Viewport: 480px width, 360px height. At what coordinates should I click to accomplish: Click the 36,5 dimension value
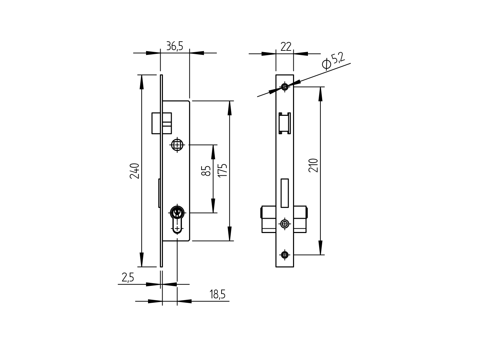174,46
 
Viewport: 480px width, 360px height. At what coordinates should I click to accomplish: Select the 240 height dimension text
135,171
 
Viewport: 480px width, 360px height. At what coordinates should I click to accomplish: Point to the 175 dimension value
222,170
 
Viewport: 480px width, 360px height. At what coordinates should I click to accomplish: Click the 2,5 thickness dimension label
128,278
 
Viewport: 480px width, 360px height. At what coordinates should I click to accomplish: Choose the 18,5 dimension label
217,294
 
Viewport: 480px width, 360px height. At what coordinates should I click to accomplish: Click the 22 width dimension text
286,47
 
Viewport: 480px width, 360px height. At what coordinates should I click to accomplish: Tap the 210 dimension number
314,165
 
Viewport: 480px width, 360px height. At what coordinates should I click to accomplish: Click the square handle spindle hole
177,145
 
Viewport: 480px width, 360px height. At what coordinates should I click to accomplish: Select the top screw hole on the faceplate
285,87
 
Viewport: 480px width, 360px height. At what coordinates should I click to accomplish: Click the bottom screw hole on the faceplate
285,255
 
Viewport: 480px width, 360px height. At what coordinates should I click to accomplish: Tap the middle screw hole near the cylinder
285,224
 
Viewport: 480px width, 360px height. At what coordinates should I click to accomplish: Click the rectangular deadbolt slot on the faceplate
285,193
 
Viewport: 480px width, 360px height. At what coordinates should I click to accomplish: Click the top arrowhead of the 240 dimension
142,82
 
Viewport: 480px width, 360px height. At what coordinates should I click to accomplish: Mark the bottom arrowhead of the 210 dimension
320,248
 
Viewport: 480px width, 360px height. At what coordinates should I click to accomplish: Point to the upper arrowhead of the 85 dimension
213,151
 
